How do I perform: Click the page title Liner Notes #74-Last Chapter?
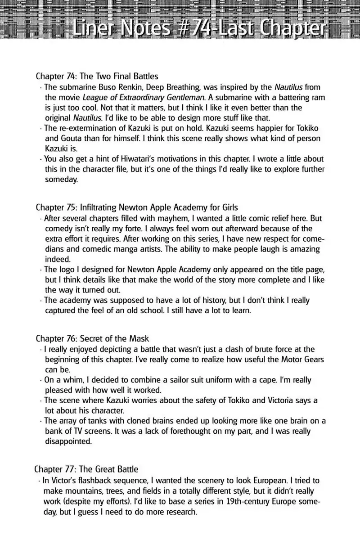coord(198,29)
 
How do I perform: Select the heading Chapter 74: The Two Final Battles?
coord(97,76)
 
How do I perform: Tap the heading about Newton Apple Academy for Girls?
coord(137,207)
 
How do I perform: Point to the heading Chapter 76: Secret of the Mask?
coord(92,338)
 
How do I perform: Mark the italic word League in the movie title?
coord(94,97)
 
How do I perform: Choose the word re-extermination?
coord(84,128)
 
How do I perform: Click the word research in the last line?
coord(180,512)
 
